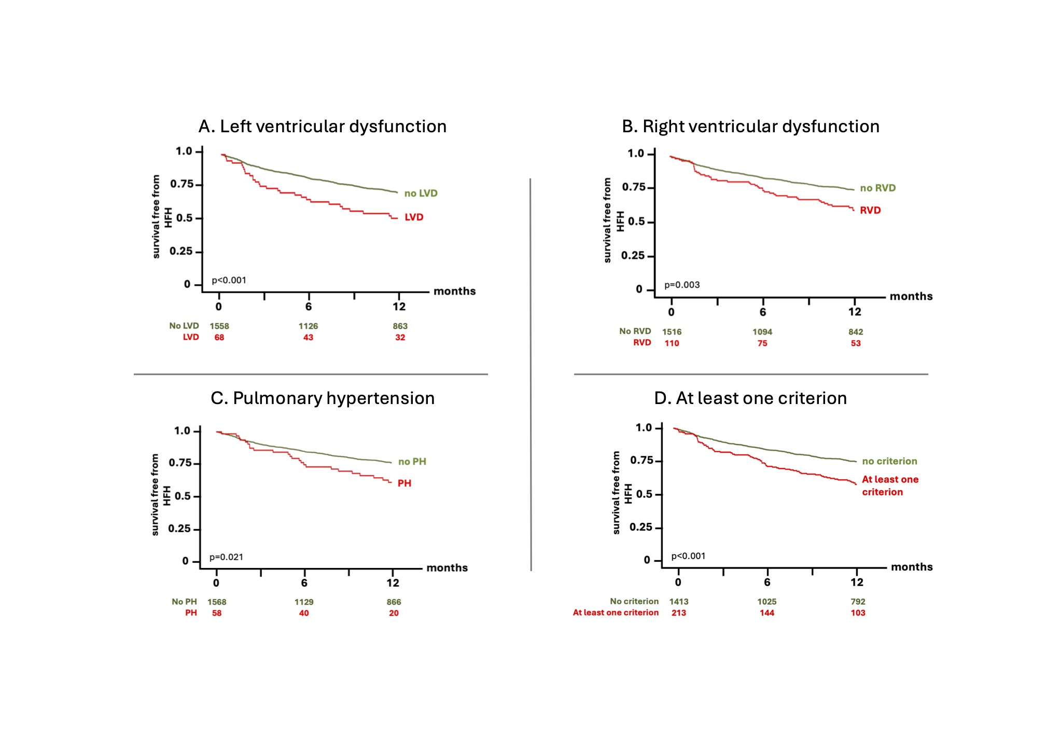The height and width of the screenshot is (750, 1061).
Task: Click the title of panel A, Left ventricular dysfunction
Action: pos(322,127)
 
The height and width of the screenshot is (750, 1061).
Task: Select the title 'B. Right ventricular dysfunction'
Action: pos(750,127)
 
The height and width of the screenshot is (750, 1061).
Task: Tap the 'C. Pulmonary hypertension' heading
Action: pos(322,398)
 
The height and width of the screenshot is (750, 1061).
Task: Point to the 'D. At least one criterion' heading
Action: pos(750,398)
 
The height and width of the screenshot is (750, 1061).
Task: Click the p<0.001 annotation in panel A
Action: pos(229,281)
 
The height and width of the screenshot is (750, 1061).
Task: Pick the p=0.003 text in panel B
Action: pos(682,285)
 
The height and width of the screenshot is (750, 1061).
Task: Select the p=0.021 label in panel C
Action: pos(226,558)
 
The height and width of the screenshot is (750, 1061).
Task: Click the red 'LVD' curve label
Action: pos(414,217)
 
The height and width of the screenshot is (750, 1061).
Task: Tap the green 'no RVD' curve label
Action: pos(877,188)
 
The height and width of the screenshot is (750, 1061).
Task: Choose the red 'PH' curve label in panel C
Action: pos(404,483)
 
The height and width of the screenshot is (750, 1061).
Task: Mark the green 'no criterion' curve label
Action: pos(889,462)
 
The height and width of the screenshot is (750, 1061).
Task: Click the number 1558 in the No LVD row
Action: pos(219,326)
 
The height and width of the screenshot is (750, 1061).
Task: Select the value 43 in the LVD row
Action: pos(308,338)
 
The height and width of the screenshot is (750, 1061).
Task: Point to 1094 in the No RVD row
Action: pos(762,332)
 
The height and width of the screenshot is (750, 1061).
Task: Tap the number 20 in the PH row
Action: pos(394,613)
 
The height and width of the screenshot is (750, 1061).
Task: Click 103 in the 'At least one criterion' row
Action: pos(858,613)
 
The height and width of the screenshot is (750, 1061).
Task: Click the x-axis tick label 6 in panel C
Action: pos(304,583)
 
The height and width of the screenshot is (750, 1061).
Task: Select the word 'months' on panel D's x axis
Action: pos(912,567)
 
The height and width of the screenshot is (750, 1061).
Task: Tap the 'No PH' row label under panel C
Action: pos(184,602)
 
